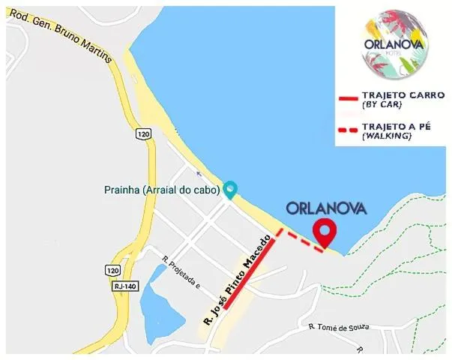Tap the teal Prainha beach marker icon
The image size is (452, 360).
[x=230, y=189]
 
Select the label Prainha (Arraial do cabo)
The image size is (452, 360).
[x=161, y=190]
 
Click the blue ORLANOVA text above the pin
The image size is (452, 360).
[x=326, y=208]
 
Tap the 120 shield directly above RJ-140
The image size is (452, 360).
[x=112, y=269]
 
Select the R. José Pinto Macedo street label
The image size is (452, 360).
[x=235, y=289]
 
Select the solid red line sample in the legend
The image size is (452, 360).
[x=346, y=98]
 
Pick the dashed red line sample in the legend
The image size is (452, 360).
[x=346, y=130]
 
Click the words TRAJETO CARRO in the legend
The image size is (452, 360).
[x=403, y=95]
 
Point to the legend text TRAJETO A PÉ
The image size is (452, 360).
[x=397, y=126]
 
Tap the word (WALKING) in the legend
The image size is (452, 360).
[x=387, y=136]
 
